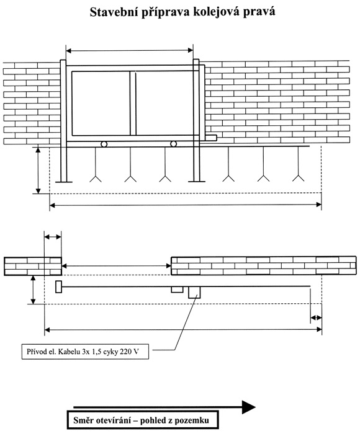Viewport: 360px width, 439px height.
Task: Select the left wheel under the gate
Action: (104, 144)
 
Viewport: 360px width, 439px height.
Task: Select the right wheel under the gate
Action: (173, 144)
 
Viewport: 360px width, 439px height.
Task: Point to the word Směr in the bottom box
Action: (83, 420)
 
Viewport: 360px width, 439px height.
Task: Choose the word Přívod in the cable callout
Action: (36, 352)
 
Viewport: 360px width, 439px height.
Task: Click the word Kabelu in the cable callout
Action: (69, 352)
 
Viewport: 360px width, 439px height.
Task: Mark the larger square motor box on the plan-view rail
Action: (194, 293)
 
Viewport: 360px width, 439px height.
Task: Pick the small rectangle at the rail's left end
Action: (58, 286)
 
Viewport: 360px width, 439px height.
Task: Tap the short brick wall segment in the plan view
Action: (33, 266)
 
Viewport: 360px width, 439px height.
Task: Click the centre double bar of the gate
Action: (133, 103)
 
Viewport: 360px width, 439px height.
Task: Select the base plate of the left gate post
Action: (63, 182)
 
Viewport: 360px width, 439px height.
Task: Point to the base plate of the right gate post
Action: (197, 182)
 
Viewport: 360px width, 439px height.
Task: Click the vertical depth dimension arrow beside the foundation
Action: (38, 171)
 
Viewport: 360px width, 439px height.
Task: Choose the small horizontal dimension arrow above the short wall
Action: (53, 237)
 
